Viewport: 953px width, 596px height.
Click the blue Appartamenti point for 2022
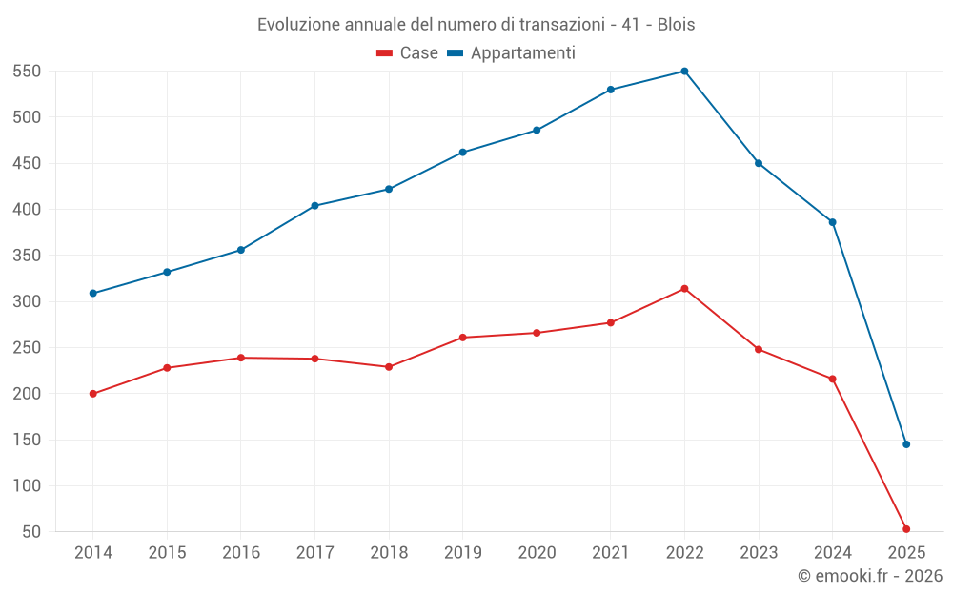pyautogui.click(x=684, y=72)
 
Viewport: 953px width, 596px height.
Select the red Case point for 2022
pyautogui.click(x=684, y=289)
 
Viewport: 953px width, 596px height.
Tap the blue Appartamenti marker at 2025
pyautogui.click(x=906, y=444)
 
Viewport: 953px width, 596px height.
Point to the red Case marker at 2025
pyautogui.click(x=906, y=529)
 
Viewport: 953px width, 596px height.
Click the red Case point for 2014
pyautogui.click(x=92, y=394)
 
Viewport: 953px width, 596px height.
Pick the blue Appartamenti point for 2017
pyautogui.click(x=314, y=206)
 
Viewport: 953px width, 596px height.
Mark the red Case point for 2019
pyautogui.click(x=462, y=338)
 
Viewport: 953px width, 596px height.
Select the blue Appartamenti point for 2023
pyautogui.click(x=759, y=163)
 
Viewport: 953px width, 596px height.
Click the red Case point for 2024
pyautogui.click(x=832, y=380)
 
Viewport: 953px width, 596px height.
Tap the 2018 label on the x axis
pyautogui.click(x=389, y=553)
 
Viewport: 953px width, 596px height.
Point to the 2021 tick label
pyautogui.click(x=611, y=553)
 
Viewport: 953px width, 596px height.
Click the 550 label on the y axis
pyautogui.click(x=27, y=72)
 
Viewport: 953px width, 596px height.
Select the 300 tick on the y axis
pyautogui.click(x=27, y=301)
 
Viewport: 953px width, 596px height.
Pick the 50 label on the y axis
pyautogui.click(x=31, y=532)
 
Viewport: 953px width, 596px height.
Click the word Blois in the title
pyautogui.click(x=676, y=25)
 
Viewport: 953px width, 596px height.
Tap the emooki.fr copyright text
pyautogui.click(x=870, y=576)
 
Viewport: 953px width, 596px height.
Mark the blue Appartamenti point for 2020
pyautogui.click(x=537, y=130)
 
